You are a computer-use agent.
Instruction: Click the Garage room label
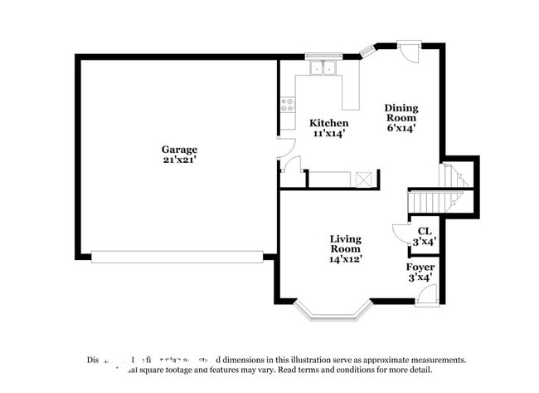point(179,150)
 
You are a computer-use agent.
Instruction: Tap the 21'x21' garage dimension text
point(179,160)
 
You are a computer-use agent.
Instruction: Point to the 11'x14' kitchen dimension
point(328,133)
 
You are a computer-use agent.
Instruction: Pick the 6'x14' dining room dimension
point(401,128)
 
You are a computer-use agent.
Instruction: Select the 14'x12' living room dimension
point(346,258)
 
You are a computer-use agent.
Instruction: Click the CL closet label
point(425,231)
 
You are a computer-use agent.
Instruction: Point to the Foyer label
point(420,267)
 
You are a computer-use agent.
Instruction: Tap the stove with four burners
point(289,106)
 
